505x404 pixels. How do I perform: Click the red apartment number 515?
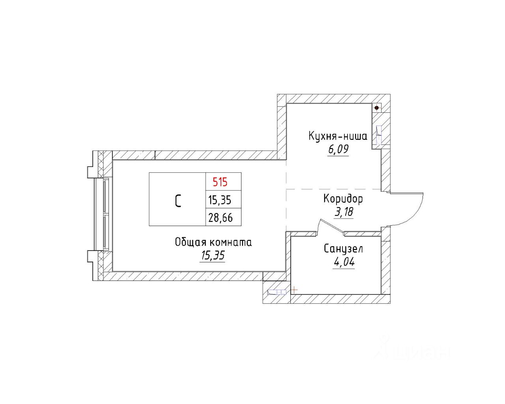click(220, 182)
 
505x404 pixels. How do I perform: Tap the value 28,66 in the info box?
click(221, 218)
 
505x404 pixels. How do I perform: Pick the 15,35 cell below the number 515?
click(220, 200)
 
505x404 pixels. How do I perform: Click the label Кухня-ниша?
click(338, 137)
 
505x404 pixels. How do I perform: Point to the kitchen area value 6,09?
click(338, 149)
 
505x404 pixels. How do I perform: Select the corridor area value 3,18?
click(344, 212)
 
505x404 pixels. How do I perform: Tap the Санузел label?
click(343, 249)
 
